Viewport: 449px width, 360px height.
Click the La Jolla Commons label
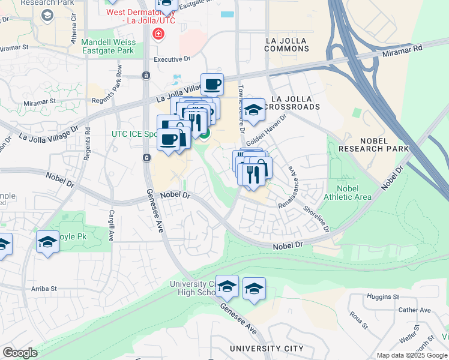286,46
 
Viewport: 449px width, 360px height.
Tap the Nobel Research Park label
373,143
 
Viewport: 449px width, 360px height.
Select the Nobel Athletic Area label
346,191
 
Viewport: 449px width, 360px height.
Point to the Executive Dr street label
172,59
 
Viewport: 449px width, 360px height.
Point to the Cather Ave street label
415,310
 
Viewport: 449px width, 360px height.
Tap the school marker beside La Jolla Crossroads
254,110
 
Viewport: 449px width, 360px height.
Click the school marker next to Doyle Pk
47,242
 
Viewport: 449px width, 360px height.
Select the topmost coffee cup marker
211,85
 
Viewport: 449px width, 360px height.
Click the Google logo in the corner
20,353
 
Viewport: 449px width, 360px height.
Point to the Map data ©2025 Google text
411,355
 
